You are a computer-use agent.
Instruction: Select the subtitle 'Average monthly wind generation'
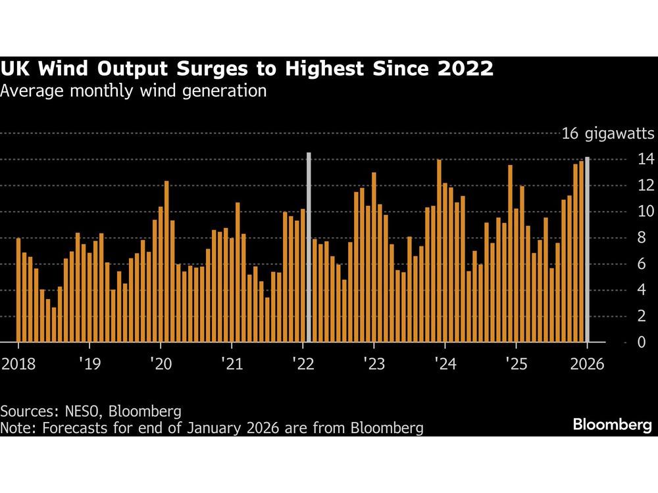[134, 91]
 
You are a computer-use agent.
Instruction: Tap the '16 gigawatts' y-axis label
[607, 135]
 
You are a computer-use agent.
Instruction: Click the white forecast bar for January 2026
[587, 250]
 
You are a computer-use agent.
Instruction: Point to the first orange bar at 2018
[18, 290]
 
